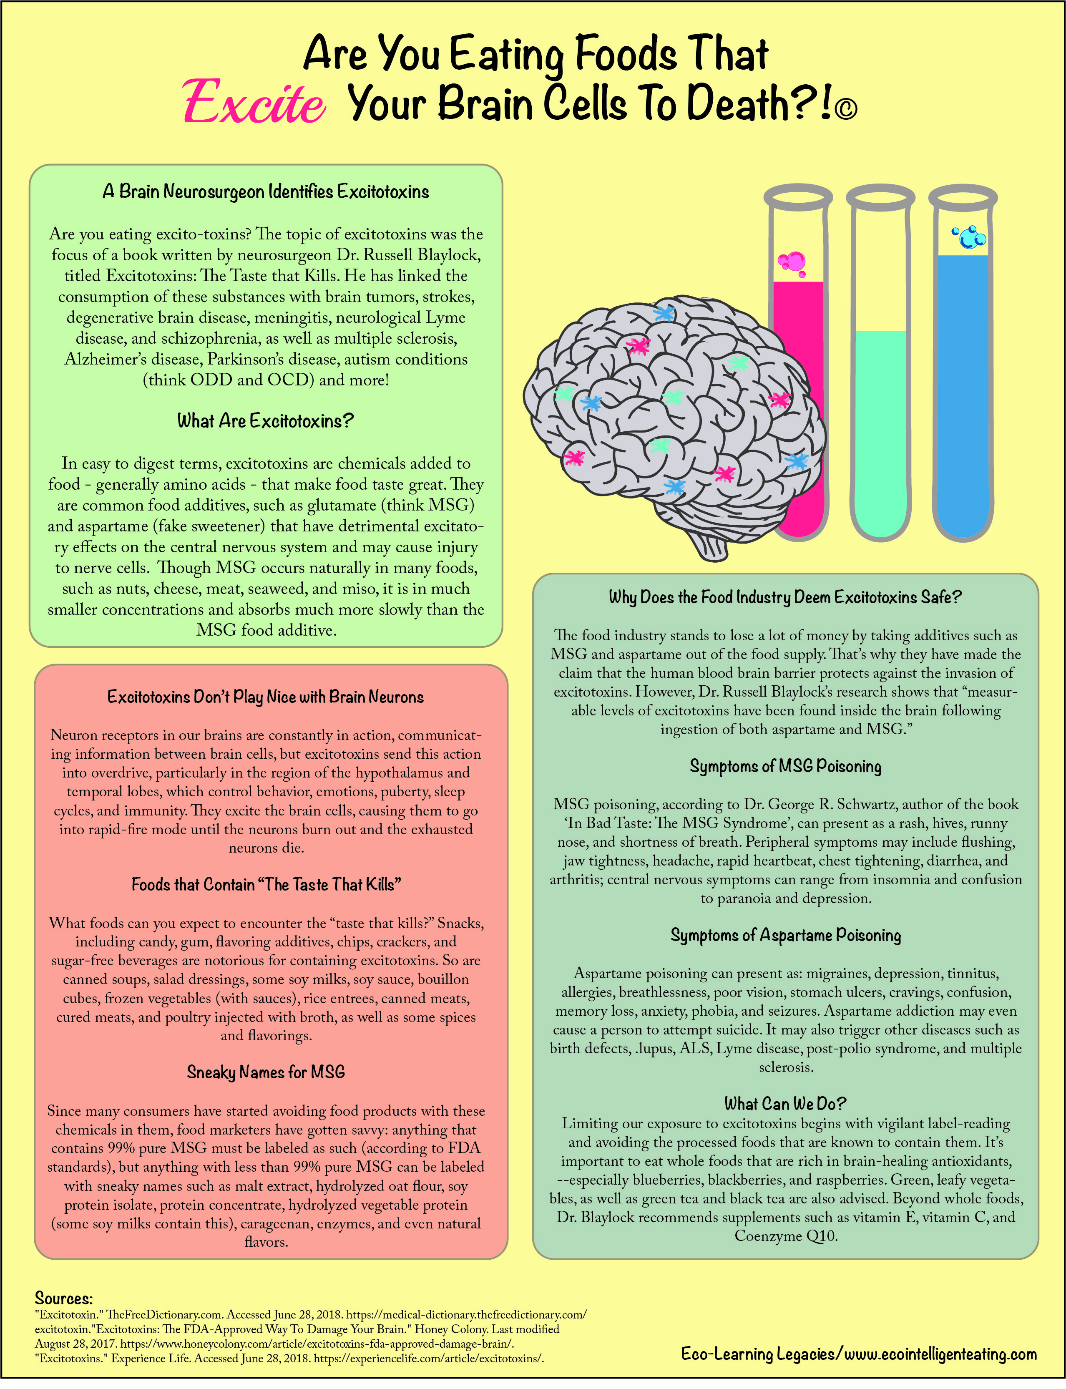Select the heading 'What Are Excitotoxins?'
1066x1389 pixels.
pos(265,421)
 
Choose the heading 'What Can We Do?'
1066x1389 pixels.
pos(786,1103)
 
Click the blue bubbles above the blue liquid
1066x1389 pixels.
pos(969,237)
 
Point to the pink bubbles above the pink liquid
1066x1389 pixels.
pos(792,263)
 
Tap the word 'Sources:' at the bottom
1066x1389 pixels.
pos(63,1298)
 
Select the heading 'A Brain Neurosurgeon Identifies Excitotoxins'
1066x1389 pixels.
pos(266,191)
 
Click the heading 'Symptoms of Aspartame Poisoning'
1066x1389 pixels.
pos(786,935)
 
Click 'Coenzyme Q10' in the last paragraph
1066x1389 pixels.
pos(786,1236)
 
